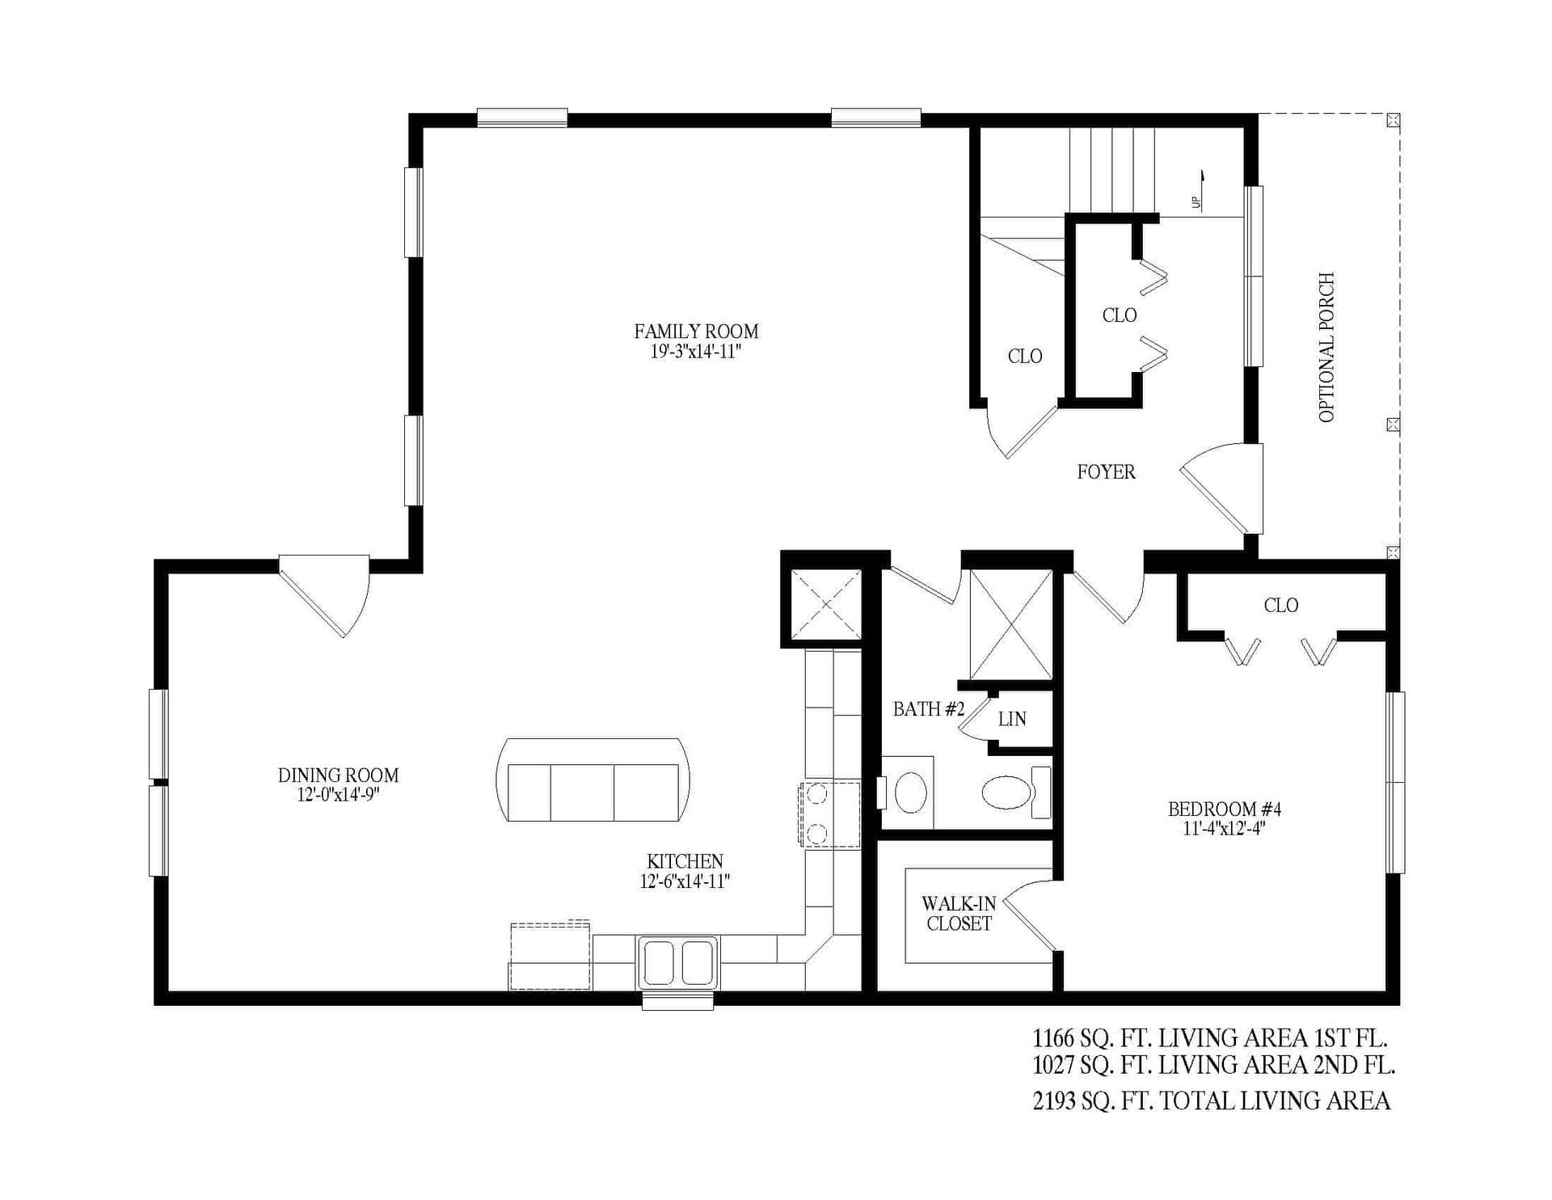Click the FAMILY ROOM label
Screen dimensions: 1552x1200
coord(696,332)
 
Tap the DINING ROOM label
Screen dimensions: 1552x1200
coord(338,775)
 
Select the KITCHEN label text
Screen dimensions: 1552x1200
coord(685,862)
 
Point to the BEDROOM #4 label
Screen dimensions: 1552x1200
coord(1225,809)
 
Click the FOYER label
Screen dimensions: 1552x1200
coord(1106,472)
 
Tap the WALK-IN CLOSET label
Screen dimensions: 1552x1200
coord(959,914)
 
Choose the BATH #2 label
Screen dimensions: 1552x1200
coord(929,709)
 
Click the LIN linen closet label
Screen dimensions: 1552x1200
coord(1012,719)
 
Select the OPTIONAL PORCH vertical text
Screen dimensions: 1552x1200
coord(1326,347)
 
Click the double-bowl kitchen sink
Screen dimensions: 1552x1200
coord(678,962)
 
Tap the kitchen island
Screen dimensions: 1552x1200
coord(593,780)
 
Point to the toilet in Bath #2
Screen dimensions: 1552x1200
coord(1015,791)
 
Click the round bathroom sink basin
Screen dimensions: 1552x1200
coord(911,791)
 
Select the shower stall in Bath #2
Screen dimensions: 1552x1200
coord(1010,624)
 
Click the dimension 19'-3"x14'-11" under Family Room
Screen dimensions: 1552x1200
coord(696,352)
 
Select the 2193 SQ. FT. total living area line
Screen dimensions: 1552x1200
coord(1212,1101)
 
